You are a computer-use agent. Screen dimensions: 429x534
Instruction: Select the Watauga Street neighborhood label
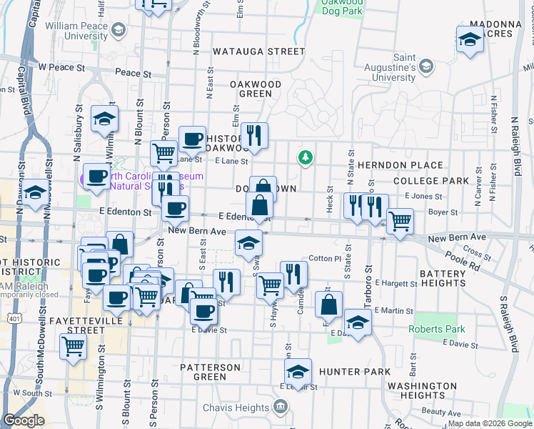[x=258, y=51]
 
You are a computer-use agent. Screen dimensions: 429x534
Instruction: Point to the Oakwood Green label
[x=255, y=89]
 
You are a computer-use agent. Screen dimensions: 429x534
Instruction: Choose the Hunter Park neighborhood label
[x=355, y=372]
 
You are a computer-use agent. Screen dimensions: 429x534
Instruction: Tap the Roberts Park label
[x=436, y=330]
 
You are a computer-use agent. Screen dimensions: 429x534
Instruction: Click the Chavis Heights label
[x=240, y=407]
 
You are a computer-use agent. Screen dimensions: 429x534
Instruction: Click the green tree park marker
[x=306, y=157]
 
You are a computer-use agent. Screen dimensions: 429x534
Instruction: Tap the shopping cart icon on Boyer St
[x=400, y=221]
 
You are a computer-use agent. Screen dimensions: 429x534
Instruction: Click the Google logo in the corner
[x=24, y=420]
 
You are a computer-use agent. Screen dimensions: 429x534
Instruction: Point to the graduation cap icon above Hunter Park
[x=298, y=372]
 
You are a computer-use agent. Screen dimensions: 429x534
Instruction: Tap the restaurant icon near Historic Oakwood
[x=254, y=134]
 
